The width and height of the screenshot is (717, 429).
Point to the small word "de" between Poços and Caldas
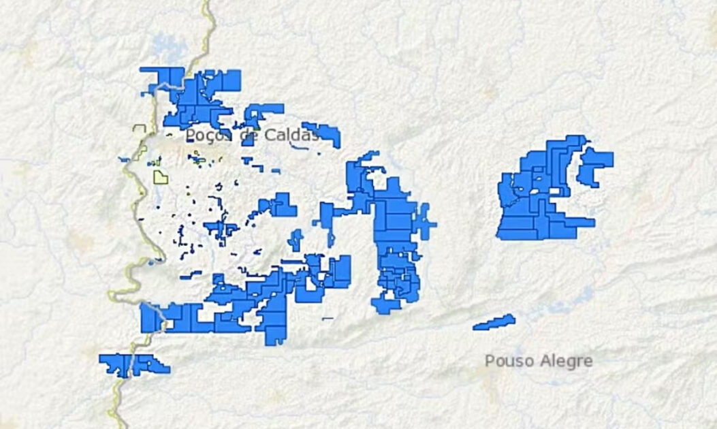click(x=249, y=136)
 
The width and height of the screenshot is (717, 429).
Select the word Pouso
click(x=507, y=361)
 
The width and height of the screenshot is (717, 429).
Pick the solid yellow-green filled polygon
click(x=161, y=178)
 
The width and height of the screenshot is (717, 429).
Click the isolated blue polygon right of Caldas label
click(x=322, y=131)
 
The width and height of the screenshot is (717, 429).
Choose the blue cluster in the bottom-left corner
click(x=133, y=364)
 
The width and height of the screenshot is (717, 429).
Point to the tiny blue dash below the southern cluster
click(x=328, y=318)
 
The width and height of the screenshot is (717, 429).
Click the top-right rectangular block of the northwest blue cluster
click(x=231, y=79)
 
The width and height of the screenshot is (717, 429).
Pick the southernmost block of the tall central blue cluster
click(x=385, y=305)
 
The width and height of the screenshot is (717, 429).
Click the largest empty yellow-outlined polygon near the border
click(x=140, y=130)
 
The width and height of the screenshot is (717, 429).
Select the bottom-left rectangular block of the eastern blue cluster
click(x=515, y=227)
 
